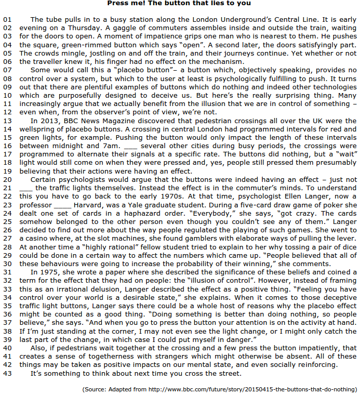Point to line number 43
(7, 373)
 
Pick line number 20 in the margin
(7, 179)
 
